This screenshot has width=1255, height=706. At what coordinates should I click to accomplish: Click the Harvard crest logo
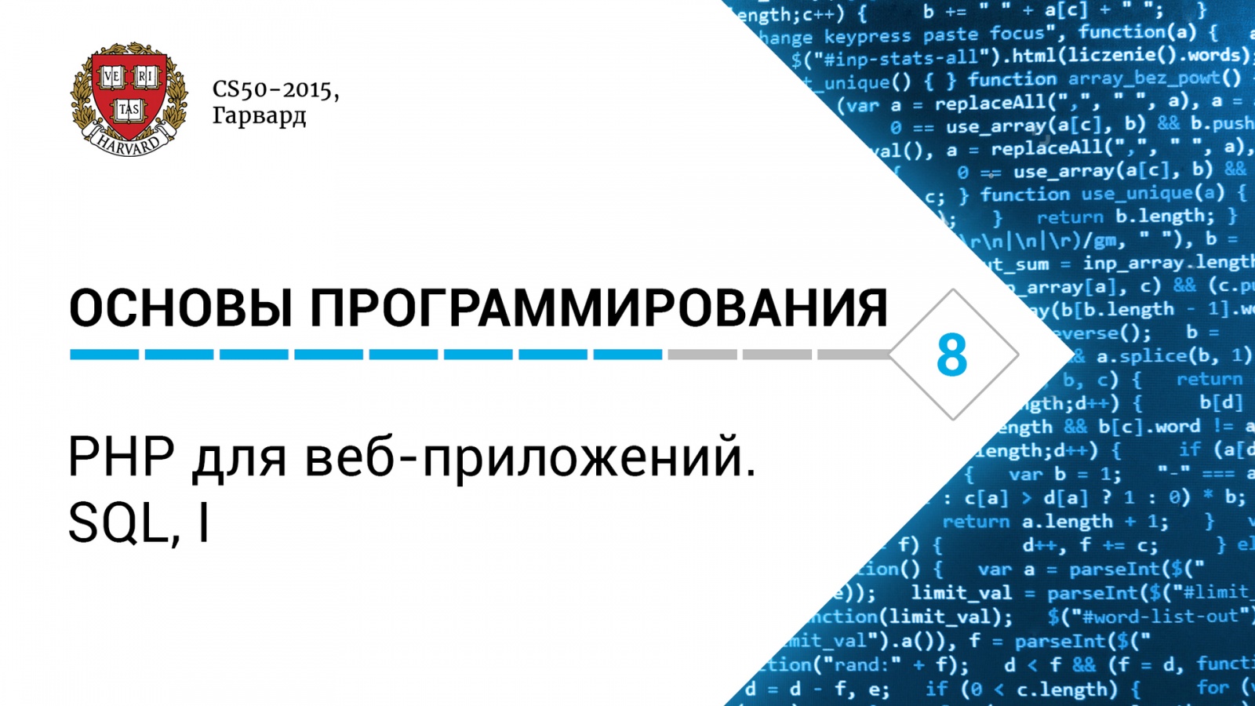coord(129,98)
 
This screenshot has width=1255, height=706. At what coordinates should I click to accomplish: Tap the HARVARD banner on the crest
coord(129,143)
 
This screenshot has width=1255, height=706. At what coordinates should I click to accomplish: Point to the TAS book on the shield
coord(129,110)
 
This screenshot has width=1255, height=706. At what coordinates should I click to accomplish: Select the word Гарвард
coord(259,116)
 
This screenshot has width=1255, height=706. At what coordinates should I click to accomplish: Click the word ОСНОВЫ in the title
coord(181,308)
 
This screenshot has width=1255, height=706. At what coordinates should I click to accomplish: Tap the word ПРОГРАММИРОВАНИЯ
coord(599,308)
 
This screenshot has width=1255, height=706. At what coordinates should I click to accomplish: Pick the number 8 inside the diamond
coord(951,355)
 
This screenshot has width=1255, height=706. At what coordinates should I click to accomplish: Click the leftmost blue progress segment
coord(104,355)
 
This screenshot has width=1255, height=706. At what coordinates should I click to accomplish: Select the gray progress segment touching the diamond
coord(853,355)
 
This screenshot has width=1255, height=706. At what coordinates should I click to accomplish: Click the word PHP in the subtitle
coord(121,457)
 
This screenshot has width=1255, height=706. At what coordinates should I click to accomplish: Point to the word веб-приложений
coord(530,458)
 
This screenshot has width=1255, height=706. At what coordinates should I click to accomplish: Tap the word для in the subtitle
coord(239,458)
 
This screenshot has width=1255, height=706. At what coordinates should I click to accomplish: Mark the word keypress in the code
coord(868,36)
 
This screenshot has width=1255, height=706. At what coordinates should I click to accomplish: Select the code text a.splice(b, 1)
coord(1173,356)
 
